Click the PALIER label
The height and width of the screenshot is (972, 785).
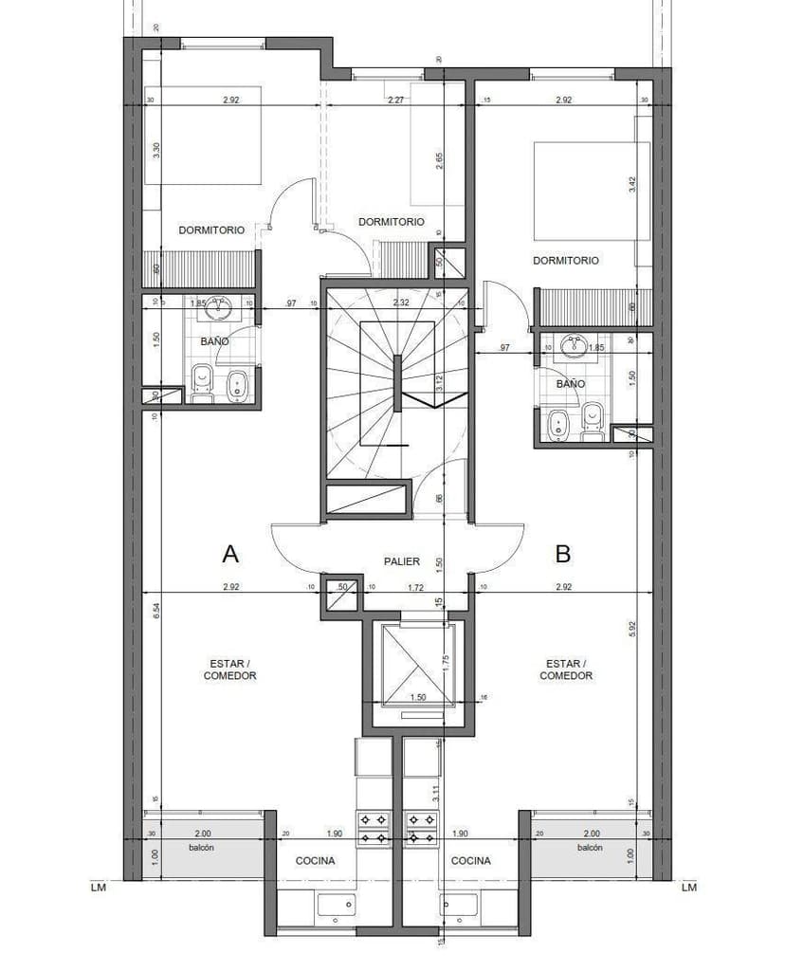click(x=402, y=561)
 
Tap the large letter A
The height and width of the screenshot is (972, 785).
click(x=228, y=553)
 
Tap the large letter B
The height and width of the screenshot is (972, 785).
click(x=562, y=553)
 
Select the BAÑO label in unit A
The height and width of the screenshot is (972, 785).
click(x=213, y=340)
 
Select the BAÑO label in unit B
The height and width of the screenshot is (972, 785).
click(x=571, y=384)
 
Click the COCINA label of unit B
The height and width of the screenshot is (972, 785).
click(x=470, y=861)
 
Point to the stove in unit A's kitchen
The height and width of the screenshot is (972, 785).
click(x=372, y=827)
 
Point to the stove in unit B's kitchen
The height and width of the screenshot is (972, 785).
click(x=418, y=827)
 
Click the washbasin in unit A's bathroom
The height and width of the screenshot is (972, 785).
click(x=220, y=306)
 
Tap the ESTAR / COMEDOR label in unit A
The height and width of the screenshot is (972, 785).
click(x=229, y=669)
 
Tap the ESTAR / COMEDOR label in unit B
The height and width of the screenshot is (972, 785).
click(x=566, y=669)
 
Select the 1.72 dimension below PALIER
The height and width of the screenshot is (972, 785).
click(x=415, y=588)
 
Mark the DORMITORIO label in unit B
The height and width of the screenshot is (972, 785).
click(x=566, y=260)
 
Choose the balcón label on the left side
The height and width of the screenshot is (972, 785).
click(x=200, y=848)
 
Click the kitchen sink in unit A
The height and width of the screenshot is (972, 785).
click(x=336, y=906)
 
